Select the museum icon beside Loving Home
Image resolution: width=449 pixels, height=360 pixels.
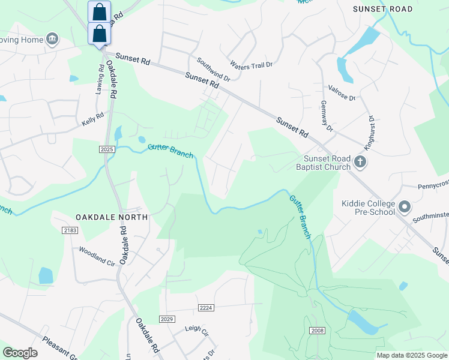click(x=52, y=40)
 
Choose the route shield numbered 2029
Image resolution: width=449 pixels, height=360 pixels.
click(x=167, y=319)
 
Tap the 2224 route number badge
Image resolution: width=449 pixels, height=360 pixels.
click(x=206, y=308)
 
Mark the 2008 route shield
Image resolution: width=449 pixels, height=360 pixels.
click(x=318, y=331)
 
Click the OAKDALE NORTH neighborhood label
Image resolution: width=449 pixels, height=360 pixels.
click(x=112, y=217)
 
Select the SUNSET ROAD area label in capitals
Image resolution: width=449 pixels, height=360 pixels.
click(x=383, y=9)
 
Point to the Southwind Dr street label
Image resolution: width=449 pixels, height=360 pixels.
click(x=213, y=69)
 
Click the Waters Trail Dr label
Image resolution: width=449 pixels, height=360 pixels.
click(x=251, y=64)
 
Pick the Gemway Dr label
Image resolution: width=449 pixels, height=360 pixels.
click(x=327, y=117)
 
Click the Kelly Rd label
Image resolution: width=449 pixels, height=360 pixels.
click(x=93, y=120)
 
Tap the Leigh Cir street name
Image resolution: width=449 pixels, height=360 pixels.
click(x=196, y=331)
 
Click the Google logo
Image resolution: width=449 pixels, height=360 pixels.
click(x=20, y=353)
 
